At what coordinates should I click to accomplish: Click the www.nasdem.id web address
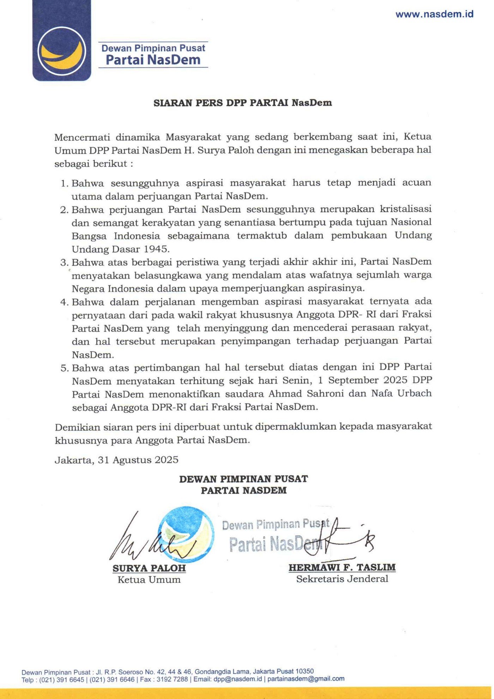tap(434, 14)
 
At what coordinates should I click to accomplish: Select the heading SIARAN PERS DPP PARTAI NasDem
tap(242, 103)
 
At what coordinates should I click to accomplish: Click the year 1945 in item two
tap(156, 249)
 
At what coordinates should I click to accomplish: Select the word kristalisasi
tap(405, 209)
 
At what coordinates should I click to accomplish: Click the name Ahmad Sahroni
tap(306, 393)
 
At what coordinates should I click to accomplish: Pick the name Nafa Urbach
tap(401, 393)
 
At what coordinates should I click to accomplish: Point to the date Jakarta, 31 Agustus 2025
tap(116, 460)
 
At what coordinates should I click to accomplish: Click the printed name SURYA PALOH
tap(149, 568)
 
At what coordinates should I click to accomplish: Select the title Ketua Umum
tap(149, 580)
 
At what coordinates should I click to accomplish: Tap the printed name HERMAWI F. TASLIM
tap(342, 567)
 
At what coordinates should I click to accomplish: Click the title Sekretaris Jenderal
tap(342, 579)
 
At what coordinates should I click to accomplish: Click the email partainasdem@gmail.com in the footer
tap(306, 679)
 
